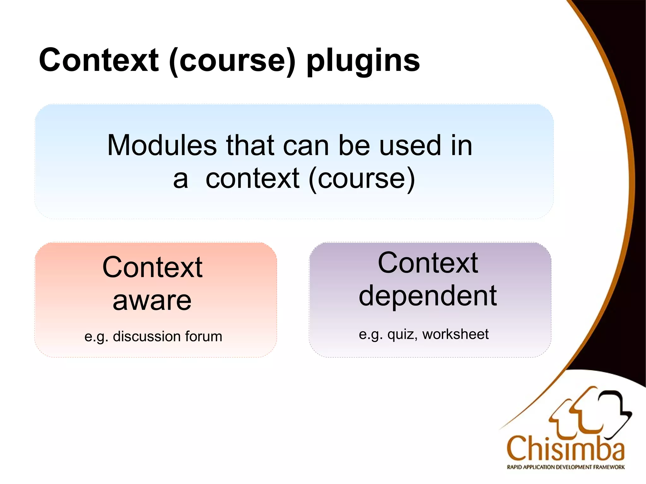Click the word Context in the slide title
tap(99, 60)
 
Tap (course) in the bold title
tap(232, 61)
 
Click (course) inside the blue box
tap(361, 179)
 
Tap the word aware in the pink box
tap(152, 300)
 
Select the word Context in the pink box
tap(152, 267)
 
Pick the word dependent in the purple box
tap(428, 296)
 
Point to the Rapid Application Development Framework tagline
tap(565, 467)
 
